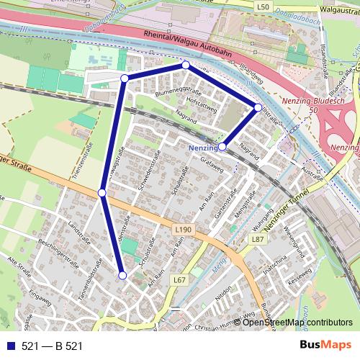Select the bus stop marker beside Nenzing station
click(222, 146)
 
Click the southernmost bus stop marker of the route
click(122, 275)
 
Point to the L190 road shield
click(184, 230)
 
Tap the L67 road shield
click(179, 279)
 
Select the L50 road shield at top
click(263, 6)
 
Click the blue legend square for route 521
click(11, 346)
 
